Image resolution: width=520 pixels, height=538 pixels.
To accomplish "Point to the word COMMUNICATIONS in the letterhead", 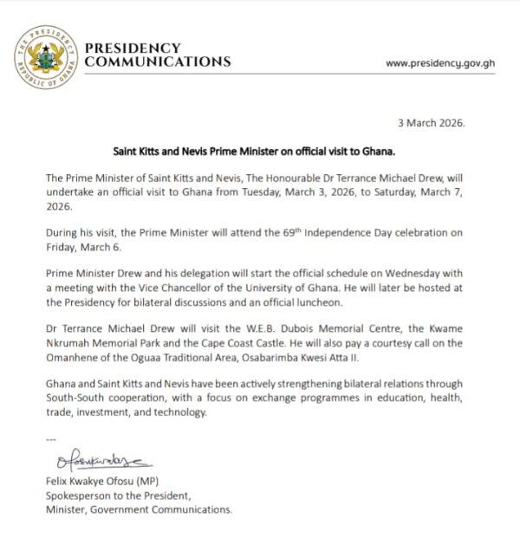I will coord(159,62).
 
